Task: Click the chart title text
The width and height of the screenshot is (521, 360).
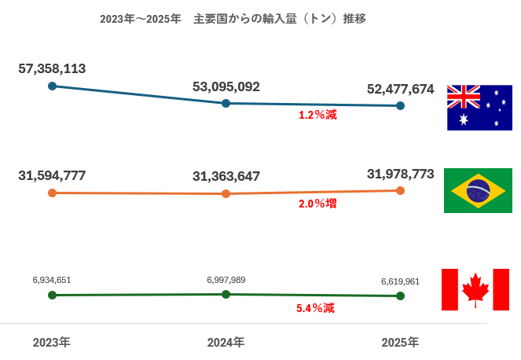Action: click(x=233, y=19)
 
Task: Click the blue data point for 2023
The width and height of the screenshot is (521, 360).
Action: click(x=52, y=86)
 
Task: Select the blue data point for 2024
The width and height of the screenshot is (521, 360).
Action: click(x=226, y=103)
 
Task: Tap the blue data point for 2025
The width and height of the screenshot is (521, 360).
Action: click(x=401, y=106)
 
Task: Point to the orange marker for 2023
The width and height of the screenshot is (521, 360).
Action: click(x=52, y=192)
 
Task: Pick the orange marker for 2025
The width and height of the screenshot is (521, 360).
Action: click(x=401, y=190)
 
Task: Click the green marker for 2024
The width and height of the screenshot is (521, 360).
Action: click(x=226, y=294)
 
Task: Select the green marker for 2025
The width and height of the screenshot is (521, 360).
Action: click(x=401, y=296)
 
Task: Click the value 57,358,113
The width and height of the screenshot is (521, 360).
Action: click(x=52, y=68)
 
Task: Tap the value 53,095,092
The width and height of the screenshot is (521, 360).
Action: click(x=226, y=86)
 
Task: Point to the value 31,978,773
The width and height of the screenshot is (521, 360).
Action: click(x=401, y=174)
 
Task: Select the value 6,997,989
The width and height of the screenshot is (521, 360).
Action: click(x=226, y=280)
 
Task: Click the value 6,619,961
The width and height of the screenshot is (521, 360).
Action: click(x=401, y=281)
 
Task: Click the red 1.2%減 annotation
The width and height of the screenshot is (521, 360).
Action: click(x=317, y=116)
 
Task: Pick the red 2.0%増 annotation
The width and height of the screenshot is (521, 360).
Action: click(x=317, y=204)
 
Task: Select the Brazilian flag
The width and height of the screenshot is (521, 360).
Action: click(x=478, y=190)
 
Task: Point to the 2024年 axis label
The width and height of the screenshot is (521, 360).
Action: click(x=226, y=343)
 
